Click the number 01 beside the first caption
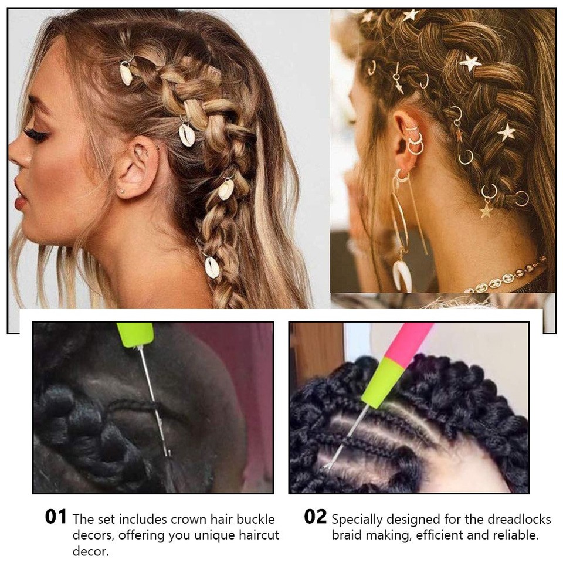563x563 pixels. click(x=56, y=517)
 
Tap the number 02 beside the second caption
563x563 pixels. click(x=315, y=517)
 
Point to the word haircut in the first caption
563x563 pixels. click(x=256, y=535)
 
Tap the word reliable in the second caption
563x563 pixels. click(x=518, y=535)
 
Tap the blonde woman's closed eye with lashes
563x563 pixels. click(x=36, y=135)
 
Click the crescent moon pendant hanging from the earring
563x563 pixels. click(x=402, y=276)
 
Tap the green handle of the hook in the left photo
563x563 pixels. click(x=135, y=334)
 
